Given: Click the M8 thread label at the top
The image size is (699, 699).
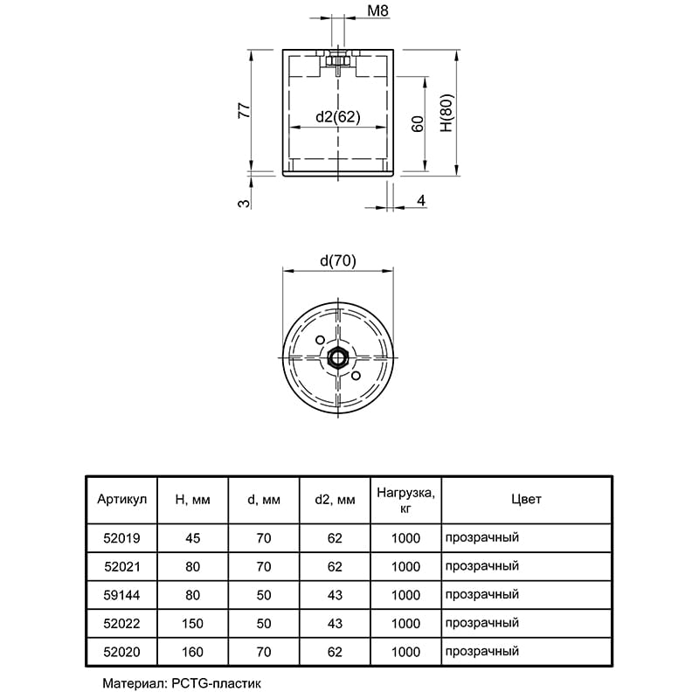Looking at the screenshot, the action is (x=377, y=10).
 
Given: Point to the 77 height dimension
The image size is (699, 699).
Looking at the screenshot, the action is (x=245, y=110).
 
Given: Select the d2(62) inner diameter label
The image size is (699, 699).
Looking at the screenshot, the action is (x=338, y=117).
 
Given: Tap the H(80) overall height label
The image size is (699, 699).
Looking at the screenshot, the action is (x=446, y=113).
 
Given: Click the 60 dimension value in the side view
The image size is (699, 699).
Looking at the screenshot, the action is (x=418, y=124).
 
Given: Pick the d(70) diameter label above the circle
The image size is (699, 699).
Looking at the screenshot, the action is (x=338, y=260).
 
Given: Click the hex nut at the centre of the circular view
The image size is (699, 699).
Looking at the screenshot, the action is (x=338, y=357).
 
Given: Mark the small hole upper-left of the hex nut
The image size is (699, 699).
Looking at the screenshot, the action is (x=320, y=340).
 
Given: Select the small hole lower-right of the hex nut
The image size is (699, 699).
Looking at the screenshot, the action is (x=356, y=376).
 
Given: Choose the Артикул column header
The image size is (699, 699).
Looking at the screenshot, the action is (x=121, y=499).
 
